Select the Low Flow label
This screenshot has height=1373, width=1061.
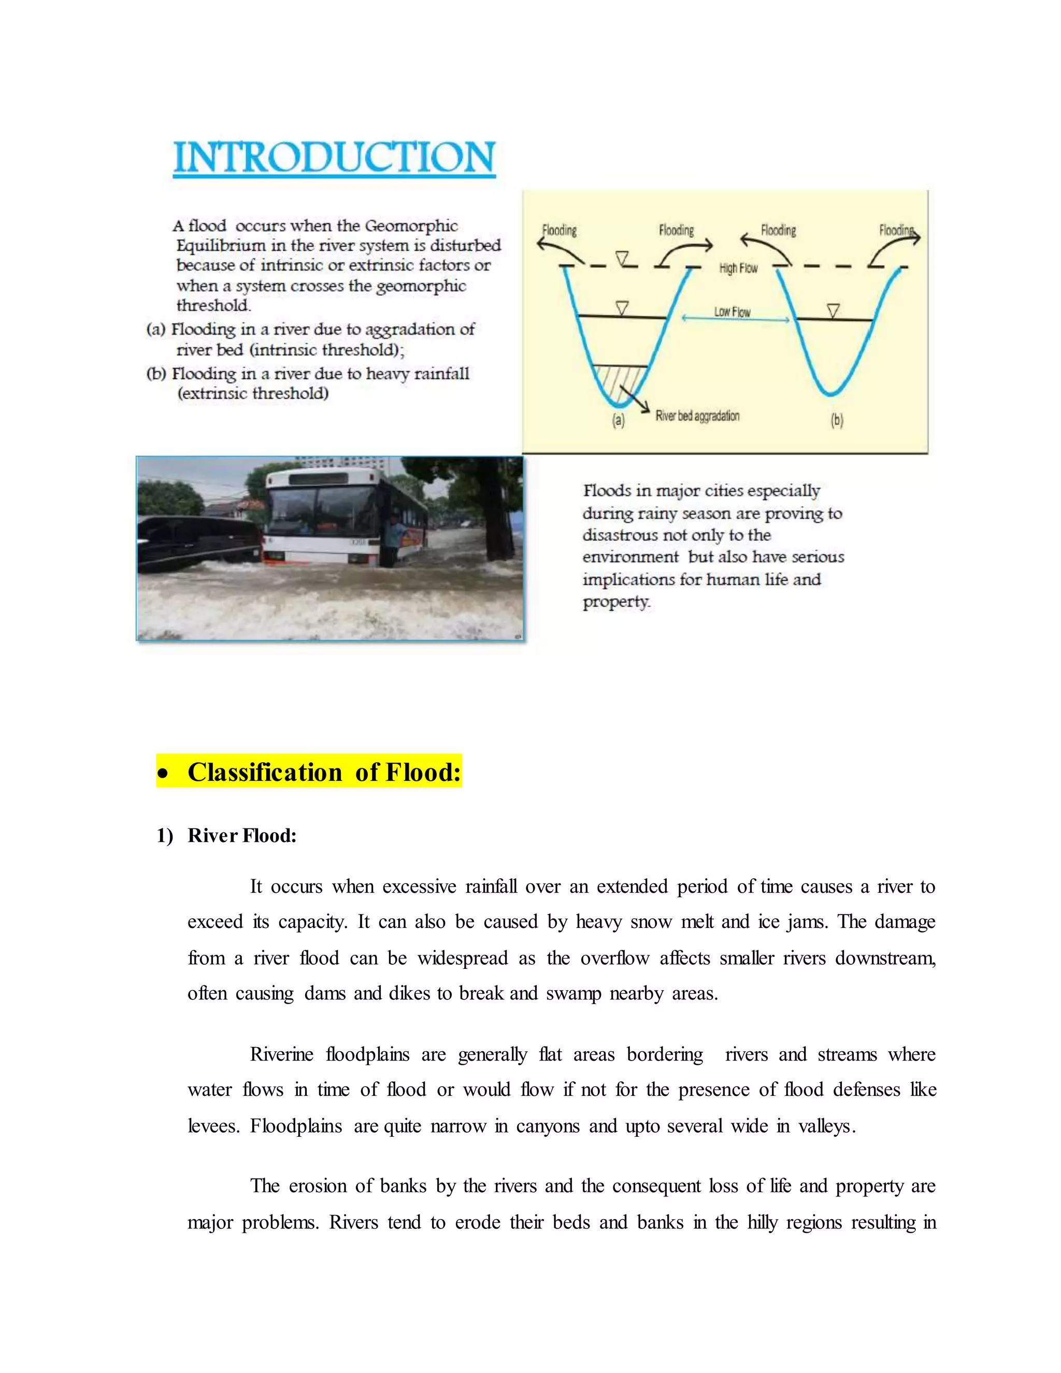(732, 312)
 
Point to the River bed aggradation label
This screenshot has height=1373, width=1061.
(697, 416)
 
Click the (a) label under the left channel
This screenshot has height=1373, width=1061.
(619, 420)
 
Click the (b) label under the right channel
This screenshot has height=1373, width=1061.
(837, 420)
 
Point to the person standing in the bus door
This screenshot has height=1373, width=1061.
(394, 537)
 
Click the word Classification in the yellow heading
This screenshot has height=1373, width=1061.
(265, 772)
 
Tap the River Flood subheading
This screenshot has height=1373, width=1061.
(241, 836)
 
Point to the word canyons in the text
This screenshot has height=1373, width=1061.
(548, 1125)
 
